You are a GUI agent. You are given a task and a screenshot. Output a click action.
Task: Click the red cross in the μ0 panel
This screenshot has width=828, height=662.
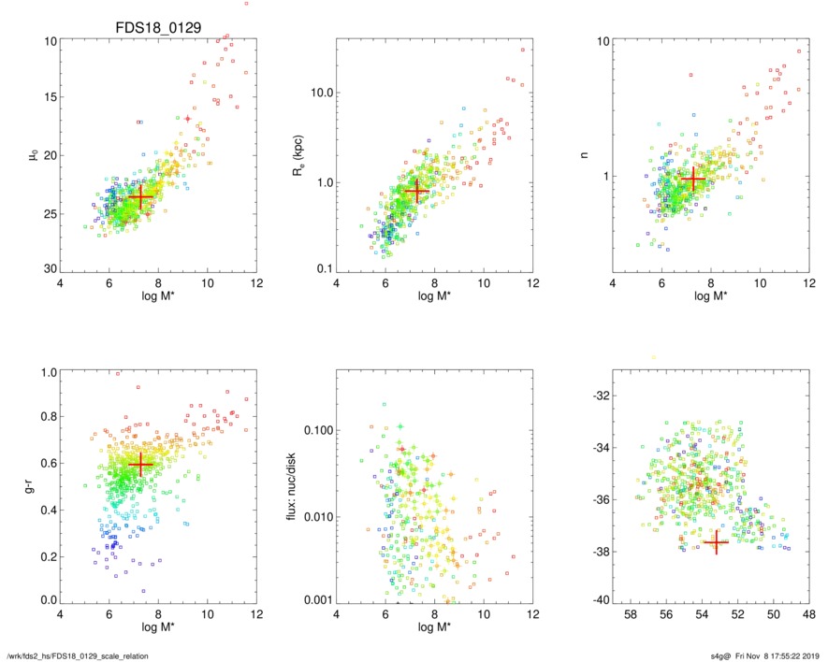(x=140, y=198)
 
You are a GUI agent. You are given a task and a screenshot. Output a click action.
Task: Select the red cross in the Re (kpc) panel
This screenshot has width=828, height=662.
(x=416, y=191)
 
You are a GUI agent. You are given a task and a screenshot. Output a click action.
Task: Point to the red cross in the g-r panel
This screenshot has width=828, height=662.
(x=140, y=464)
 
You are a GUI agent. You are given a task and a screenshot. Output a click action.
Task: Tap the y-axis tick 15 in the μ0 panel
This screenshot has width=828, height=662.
(x=50, y=97)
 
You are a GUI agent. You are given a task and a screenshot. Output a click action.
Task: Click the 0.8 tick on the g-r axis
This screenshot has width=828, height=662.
(x=47, y=417)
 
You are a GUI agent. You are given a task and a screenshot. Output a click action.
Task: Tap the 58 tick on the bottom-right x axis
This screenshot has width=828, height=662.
(x=631, y=616)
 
